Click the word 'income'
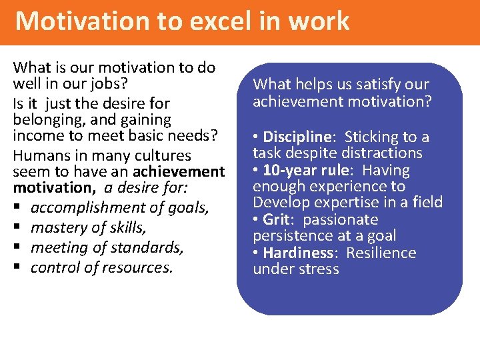tap(36, 137)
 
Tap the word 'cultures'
tap(163, 155)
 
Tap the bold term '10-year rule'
tap(303, 170)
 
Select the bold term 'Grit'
tap(277, 219)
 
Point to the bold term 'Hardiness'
tap(297, 253)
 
